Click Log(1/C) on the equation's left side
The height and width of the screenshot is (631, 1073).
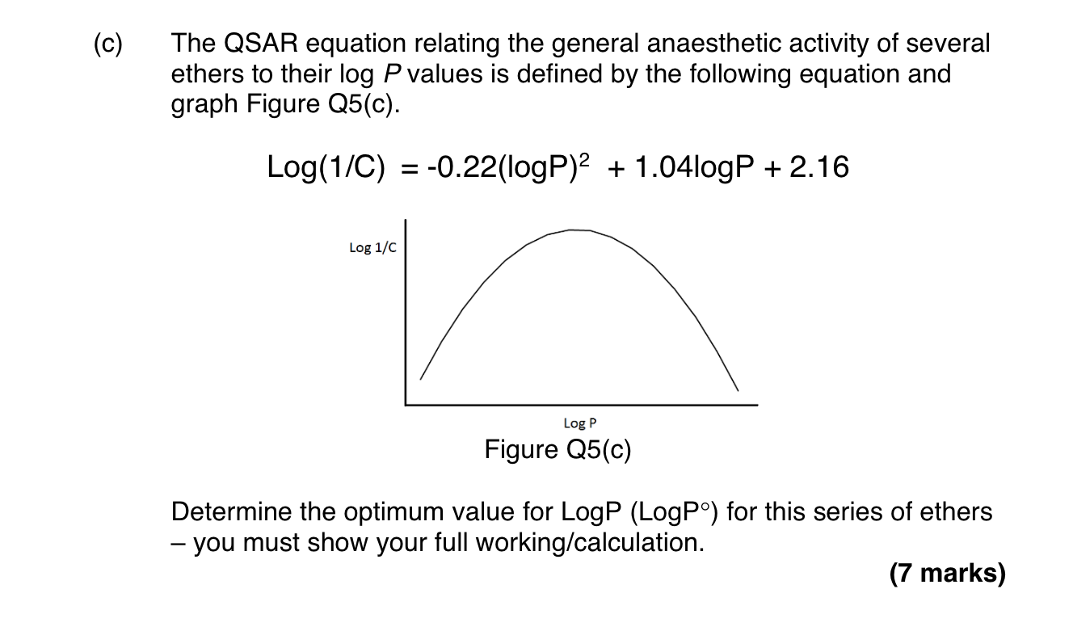coord(326,168)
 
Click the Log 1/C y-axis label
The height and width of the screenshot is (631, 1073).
coord(372,247)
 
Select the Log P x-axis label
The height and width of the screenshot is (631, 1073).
coord(580,423)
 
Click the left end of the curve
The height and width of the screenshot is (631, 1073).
coord(420,378)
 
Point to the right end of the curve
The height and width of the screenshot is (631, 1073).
coord(737,391)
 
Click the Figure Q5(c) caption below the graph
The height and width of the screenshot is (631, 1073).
coord(558,449)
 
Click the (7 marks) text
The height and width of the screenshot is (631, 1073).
coord(947,574)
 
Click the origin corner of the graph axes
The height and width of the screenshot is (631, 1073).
coord(406,403)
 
